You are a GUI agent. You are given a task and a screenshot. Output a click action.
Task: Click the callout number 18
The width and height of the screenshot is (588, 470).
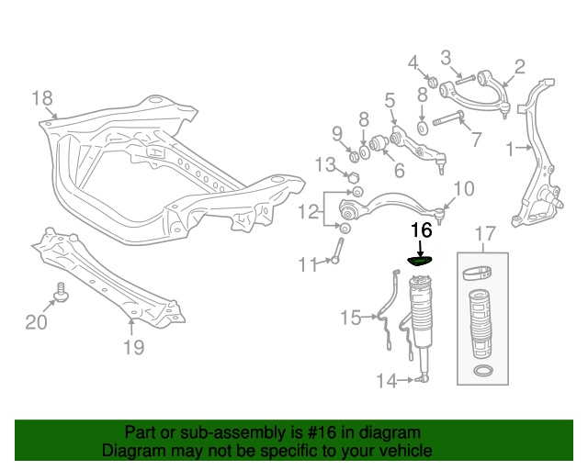point(42,98)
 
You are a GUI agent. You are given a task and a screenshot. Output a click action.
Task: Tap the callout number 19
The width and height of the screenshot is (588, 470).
point(133,346)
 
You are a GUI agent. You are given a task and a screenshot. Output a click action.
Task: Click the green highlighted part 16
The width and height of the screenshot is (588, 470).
point(420,262)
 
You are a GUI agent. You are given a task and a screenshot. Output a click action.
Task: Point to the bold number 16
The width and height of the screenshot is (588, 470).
point(421,230)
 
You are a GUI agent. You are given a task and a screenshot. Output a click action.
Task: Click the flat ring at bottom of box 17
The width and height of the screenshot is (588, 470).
point(482,371)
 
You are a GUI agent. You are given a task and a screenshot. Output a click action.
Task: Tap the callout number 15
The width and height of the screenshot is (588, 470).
point(350,319)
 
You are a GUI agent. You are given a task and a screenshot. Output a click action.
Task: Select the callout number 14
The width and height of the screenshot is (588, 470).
point(387,380)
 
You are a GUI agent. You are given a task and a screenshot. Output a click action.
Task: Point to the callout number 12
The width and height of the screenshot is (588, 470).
point(308,212)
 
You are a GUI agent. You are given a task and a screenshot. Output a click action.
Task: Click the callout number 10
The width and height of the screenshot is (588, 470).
point(463,189)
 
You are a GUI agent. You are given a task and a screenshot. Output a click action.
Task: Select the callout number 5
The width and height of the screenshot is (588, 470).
point(390,100)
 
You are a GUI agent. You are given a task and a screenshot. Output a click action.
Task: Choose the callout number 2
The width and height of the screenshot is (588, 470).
point(519,66)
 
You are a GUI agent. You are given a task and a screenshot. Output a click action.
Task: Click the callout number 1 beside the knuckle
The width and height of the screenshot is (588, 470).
point(511,147)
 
